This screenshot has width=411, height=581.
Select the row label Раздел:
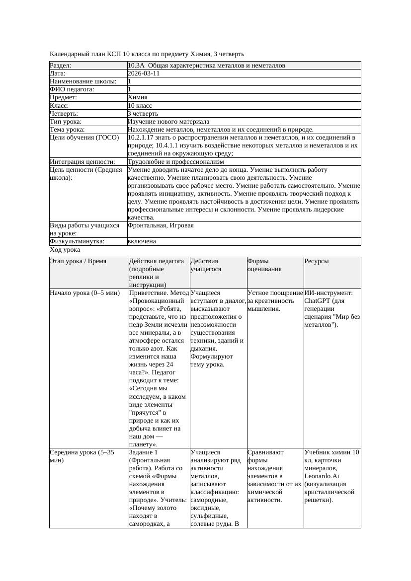click(61, 66)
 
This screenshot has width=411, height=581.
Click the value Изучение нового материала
click(168, 122)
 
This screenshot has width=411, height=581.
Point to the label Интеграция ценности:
click(82, 162)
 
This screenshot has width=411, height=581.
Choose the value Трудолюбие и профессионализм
click(175, 162)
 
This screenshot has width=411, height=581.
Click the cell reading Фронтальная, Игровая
click(161, 225)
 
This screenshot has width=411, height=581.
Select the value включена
click(142, 241)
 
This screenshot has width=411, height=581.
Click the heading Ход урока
click(65, 250)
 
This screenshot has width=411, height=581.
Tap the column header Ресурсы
click(317, 261)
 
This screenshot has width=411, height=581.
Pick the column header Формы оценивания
click(264, 265)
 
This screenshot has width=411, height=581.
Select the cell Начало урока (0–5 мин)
click(85, 293)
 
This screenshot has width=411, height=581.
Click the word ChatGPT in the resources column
click(318, 301)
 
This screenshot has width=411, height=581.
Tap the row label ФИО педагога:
click(72, 89)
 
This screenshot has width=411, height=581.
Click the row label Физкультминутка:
click(77, 241)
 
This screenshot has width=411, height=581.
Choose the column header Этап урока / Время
click(78, 261)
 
